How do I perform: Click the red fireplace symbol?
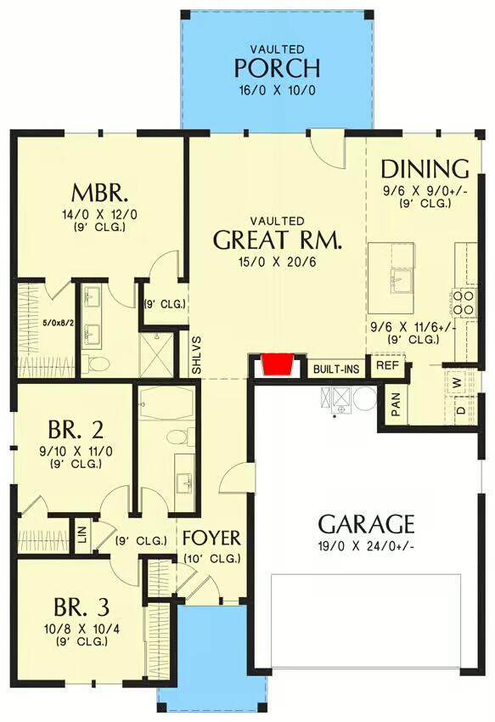coord(278,364)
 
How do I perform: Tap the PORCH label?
coord(277,68)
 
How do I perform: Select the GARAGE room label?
coord(367,523)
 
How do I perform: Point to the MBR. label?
coord(99,194)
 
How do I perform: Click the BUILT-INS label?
coord(336,369)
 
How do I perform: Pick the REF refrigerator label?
coord(387,365)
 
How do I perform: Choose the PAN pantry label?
coord(396,404)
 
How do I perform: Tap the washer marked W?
coord(458,381)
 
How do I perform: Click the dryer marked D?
coord(460,409)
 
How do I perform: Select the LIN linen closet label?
coord(83,537)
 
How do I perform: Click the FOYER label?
coord(211,538)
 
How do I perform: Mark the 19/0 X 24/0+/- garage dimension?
coord(367,546)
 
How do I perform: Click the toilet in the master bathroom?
coord(98,364)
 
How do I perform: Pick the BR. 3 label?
coord(82,607)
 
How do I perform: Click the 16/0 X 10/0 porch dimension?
coord(277,90)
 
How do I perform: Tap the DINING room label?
coord(425,168)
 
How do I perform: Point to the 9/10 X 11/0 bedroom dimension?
coord(76,452)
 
